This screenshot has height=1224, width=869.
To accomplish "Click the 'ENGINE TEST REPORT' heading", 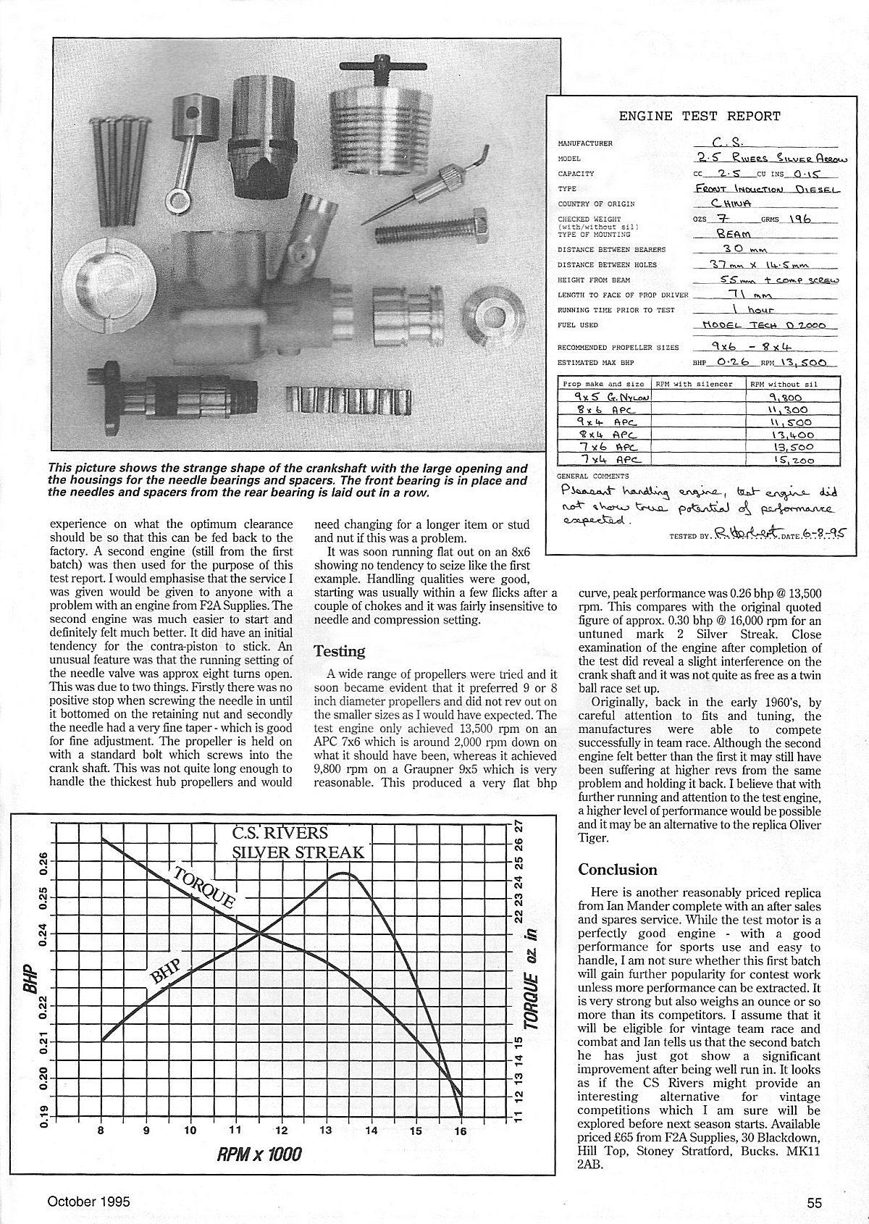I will click(x=699, y=116).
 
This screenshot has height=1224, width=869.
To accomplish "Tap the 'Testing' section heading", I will click(x=339, y=651).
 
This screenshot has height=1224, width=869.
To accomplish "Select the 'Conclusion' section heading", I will click(x=618, y=870).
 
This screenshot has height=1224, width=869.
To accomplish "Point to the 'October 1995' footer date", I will click(x=88, y=1202).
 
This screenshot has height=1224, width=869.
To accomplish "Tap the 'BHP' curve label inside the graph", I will click(x=165, y=972).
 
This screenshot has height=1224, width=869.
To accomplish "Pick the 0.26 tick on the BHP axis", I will click(x=41, y=862).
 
